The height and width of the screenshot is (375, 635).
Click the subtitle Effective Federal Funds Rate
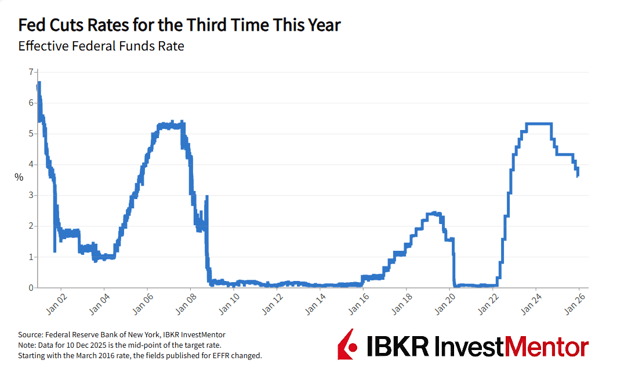(101, 46)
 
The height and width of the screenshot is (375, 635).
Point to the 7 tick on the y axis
(31, 72)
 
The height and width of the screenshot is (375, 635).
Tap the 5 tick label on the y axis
(31, 134)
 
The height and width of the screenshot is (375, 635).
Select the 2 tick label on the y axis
(31, 226)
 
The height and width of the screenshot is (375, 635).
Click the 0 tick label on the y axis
(31, 287)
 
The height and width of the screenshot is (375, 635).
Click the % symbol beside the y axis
(19, 178)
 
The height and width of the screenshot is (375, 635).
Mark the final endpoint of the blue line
(578, 175)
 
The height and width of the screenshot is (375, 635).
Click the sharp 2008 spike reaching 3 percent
(207, 197)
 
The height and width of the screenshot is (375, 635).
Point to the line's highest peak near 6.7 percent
(39, 83)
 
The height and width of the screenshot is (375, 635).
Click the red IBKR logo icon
(347, 344)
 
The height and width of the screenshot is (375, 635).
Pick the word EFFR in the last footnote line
(226, 355)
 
